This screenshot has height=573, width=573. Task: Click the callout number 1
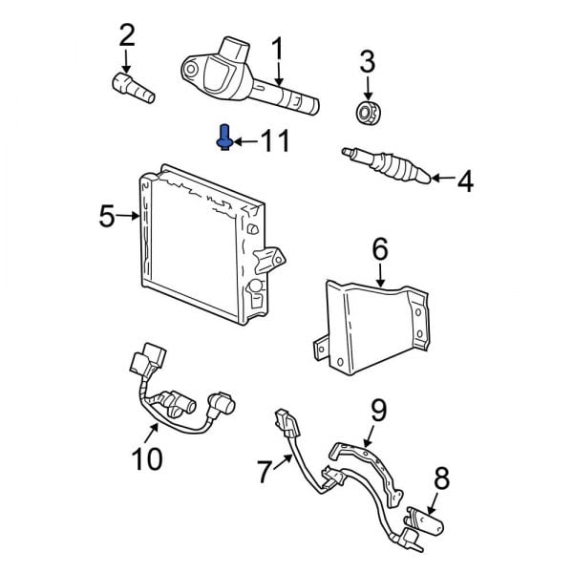(278, 48)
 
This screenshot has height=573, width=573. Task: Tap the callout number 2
(126, 36)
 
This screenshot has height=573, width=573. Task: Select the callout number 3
(367, 64)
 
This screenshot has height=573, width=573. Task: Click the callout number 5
(106, 217)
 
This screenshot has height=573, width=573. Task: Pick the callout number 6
(379, 250)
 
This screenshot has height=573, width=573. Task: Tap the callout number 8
(440, 477)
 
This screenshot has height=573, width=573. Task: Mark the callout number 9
(379, 411)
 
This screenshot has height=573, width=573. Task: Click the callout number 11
(274, 142)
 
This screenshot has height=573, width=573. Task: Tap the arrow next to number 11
(244, 142)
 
